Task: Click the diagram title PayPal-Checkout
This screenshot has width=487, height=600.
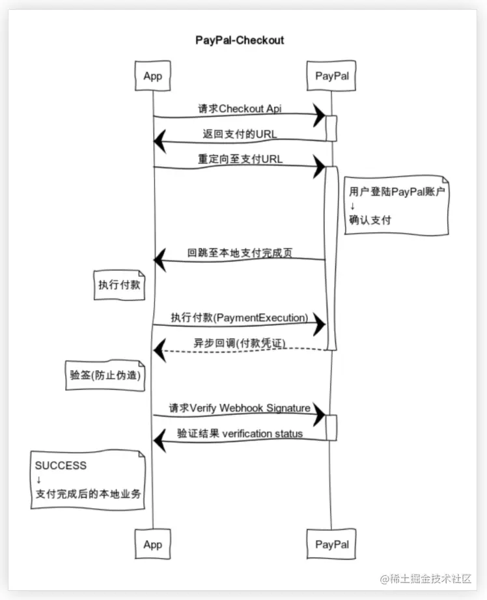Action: (x=240, y=40)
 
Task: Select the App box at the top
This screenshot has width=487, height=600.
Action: (x=152, y=76)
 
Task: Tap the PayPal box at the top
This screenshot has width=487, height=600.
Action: (x=331, y=76)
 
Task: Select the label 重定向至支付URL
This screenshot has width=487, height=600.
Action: (x=240, y=159)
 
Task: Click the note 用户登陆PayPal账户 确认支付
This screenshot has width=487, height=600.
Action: (x=397, y=205)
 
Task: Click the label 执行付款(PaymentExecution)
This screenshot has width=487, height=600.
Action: (x=239, y=317)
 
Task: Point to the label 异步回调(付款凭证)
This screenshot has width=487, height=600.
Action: (x=239, y=343)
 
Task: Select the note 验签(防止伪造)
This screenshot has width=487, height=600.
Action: (x=105, y=376)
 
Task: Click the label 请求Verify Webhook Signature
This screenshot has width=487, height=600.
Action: (x=240, y=408)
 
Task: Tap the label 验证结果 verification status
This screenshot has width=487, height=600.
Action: (x=240, y=433)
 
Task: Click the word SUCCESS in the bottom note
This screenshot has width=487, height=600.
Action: (x=61, y=466)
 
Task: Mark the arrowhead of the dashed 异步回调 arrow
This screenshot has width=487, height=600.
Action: (x=159, y=350)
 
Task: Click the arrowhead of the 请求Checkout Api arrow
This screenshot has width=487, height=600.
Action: (x=319, y=115)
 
